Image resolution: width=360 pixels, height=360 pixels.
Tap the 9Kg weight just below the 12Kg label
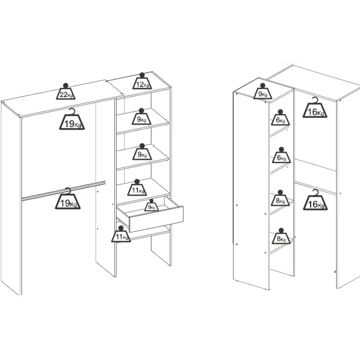(142, 117)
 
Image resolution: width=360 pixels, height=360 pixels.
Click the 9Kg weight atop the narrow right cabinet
(263, 91)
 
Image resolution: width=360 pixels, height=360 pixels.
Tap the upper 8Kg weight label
(280, 198)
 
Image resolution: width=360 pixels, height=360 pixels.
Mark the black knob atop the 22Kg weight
(66, 85)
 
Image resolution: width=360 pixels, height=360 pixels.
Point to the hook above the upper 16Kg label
(316, 100)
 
